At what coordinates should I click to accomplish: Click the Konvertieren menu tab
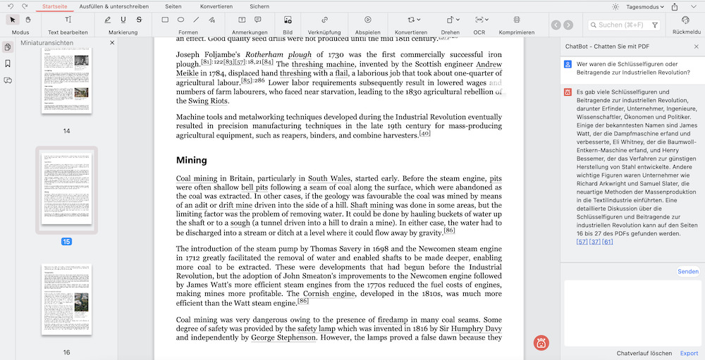pos(216,6)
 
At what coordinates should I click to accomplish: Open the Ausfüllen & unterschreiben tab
pos(114,6)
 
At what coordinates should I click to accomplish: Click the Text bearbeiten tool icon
pos(68,20)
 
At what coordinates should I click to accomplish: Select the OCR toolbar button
pos(479,20)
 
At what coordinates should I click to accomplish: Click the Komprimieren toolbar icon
pos(516,20)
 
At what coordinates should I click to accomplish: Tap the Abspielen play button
pos(368,20)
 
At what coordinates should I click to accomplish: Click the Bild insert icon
pos(288,20)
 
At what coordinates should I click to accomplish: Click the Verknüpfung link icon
pos(324,20)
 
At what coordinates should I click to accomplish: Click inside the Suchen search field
pos(620,25)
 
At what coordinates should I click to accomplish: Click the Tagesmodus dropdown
pos(638,6)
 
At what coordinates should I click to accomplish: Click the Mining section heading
pos(191,160)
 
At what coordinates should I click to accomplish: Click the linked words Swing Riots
pos(207,101)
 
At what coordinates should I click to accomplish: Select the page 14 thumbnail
pos(66,80)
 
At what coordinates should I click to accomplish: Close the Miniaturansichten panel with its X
pos(112,43)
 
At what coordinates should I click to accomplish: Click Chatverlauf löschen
pos(644,353)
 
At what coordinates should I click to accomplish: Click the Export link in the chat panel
pos(689,353)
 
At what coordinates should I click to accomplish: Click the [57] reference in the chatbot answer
pos(582,242)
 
